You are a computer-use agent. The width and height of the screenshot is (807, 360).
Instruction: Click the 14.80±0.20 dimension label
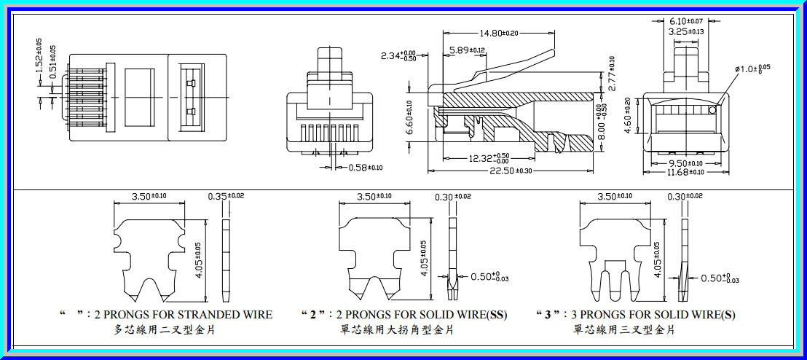coord(499,33)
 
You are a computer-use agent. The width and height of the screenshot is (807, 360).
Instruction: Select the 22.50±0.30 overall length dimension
coord(511,171)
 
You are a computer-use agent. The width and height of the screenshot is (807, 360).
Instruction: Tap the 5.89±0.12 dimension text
coord(467,50)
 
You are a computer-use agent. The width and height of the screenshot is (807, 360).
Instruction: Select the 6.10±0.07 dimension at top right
coord(686,21)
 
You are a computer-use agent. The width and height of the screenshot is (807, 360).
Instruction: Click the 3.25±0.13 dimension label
coord(686,31)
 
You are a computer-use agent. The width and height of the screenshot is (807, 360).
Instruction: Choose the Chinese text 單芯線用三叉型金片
coord(624,329)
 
